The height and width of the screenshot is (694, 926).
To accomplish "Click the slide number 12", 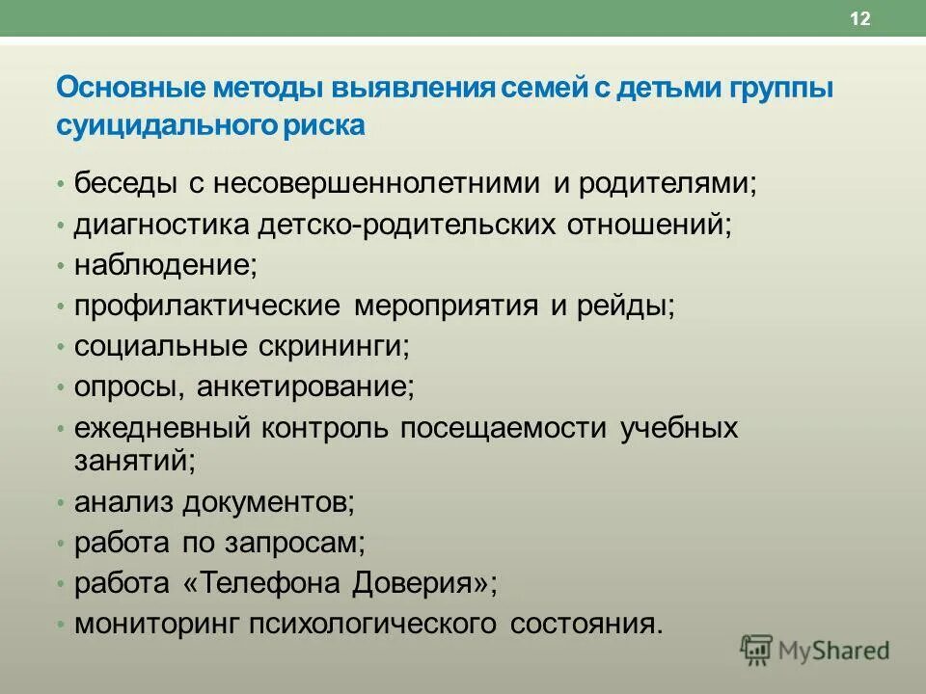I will [x=860, y=20].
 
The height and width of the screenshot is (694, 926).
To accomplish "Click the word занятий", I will [x=134, y=460].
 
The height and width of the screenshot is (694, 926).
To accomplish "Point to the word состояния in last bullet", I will [x=582, y=624].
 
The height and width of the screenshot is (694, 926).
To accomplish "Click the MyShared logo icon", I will [x=757, y=650].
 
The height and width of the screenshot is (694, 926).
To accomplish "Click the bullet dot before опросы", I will [x=61, y=388].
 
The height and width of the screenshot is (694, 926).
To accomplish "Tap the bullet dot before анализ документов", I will [x=61, y=502].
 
